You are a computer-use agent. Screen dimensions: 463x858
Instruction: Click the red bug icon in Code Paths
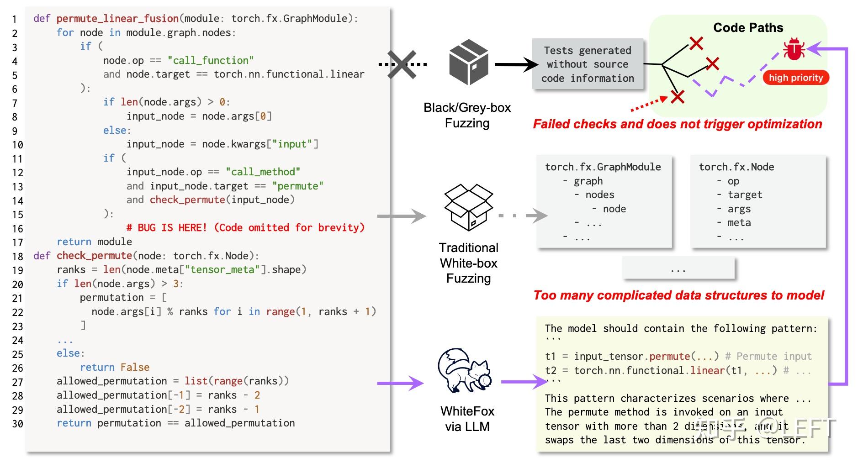coord(794,49)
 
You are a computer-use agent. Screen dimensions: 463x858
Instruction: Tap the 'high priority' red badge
coord(795,78)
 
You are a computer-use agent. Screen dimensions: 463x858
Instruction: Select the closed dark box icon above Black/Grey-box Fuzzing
coord(469,62)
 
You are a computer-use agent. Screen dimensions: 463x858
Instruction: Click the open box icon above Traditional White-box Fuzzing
coord(469,207)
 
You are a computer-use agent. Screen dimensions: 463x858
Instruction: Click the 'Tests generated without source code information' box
coord(588,64)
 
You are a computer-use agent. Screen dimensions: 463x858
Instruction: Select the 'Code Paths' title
coord(748,28)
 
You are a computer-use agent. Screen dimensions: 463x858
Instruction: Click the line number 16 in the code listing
coord(17,229)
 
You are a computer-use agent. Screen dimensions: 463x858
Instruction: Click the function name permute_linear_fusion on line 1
coord(117,19)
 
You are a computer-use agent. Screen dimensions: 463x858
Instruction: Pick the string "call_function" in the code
coord(210,60)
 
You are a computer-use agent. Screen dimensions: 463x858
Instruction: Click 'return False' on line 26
coord(114,368)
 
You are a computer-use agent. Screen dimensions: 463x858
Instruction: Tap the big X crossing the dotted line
coord(402,64)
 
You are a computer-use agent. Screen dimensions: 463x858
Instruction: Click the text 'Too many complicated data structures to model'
coord(678,295)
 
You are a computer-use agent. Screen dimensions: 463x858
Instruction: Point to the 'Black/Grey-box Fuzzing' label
coord(467,115)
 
